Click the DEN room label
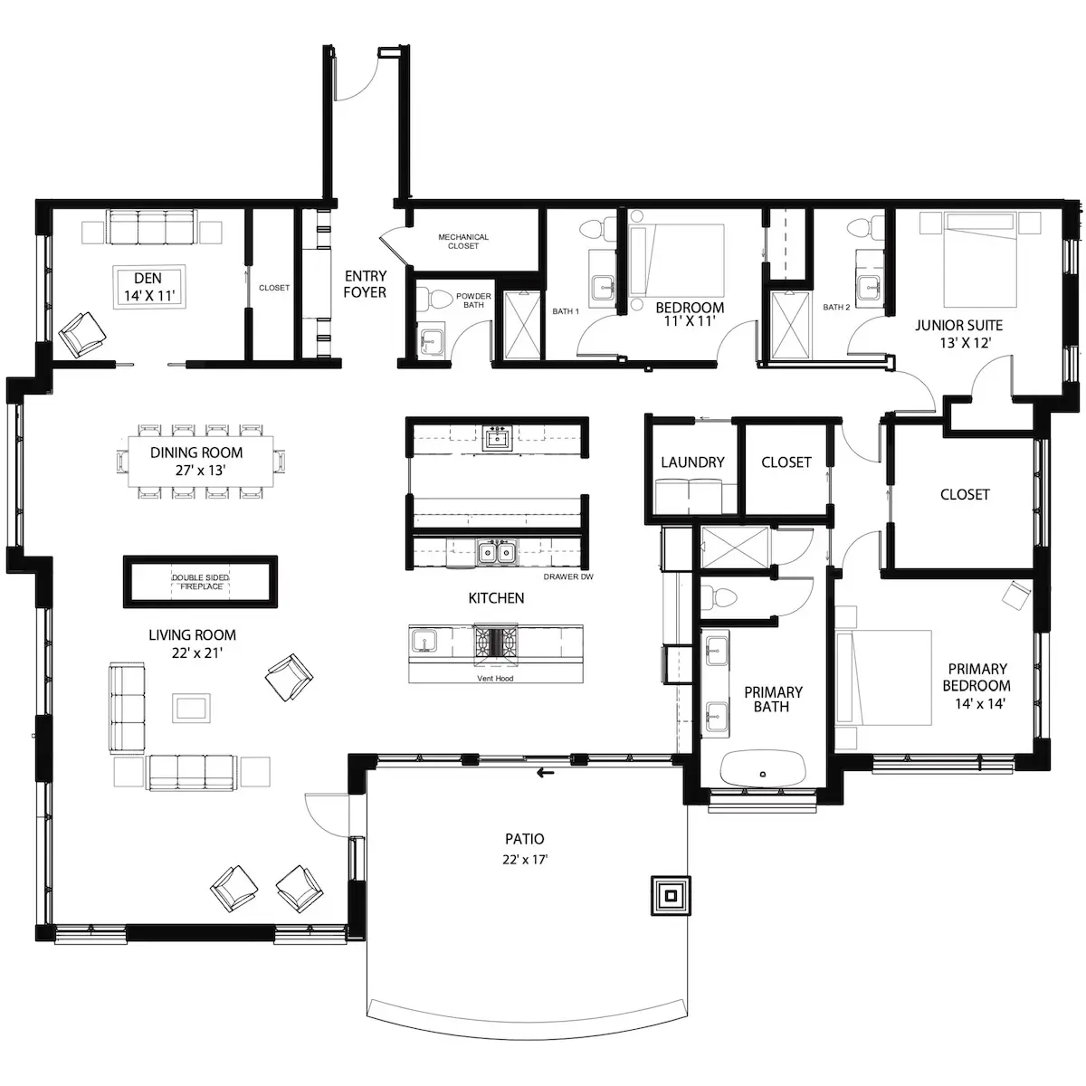pos(148,278)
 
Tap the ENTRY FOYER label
pos(366,284)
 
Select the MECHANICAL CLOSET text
pos(463,242)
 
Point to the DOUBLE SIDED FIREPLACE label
pos(201,582)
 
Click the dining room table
pos(201,461)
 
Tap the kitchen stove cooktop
pos(495,641)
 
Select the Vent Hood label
pos(495,678)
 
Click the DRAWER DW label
pos(568,576)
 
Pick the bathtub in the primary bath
pos(763,767)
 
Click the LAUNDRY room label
pos(692,462)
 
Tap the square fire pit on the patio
pos(671,896)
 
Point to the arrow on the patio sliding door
pos(545,773)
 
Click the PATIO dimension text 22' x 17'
pos(525,860)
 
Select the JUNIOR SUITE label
pos(958,325)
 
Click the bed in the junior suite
pos(981,259)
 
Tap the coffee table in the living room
pos(191,708)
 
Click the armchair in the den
pos(82,335)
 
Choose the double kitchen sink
pos(497,553)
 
